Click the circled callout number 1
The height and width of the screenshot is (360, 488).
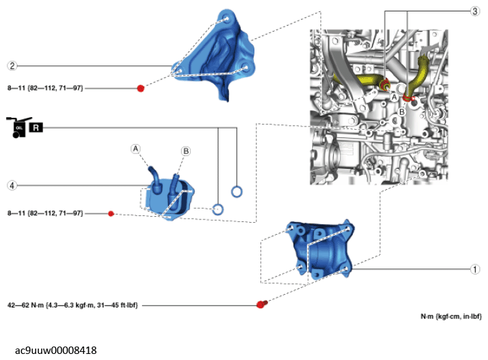(x=475, y=268)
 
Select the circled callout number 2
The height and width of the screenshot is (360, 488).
(x=12, y=65)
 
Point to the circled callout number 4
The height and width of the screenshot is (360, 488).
(x=12, y=185)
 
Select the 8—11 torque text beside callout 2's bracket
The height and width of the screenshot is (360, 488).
(x=44, y=88)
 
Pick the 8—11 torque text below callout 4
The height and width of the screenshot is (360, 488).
(x=44, y=213)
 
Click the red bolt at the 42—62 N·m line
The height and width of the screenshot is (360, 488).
(x=261, y=304)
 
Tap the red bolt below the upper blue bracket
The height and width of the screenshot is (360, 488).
(x=141, y=88)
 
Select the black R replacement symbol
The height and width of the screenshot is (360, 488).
(x=36, y=127)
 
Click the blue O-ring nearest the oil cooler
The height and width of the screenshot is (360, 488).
(x=217, y=209)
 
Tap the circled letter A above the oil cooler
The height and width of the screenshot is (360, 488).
(x=136, y=147)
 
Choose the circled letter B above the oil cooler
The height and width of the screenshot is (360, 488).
(x=185, y=151)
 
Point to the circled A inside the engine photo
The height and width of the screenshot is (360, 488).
(x=394, y=96)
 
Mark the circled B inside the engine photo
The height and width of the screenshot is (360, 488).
(x=401, y=111)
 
